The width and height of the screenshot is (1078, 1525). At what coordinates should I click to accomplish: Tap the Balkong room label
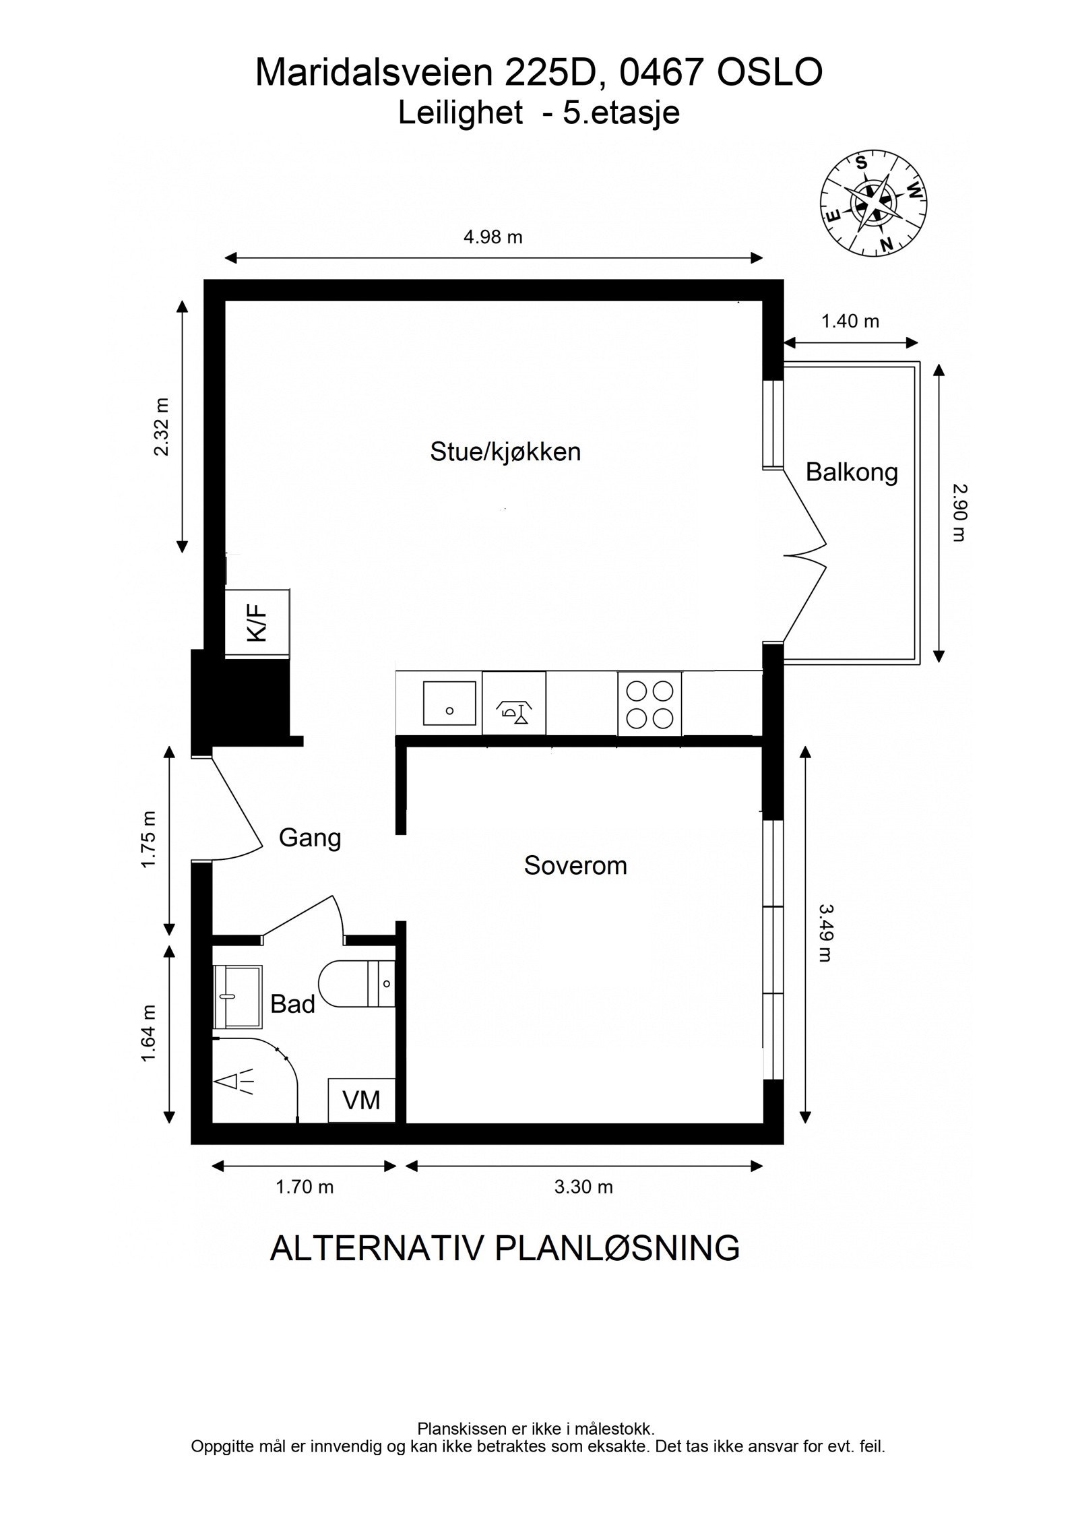(852, 472)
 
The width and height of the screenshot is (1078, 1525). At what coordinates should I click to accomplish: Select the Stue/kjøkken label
(505, 452)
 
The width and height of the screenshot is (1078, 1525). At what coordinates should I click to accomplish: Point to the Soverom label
(575, 865)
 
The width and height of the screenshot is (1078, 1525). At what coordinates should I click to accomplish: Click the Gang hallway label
(310, 838)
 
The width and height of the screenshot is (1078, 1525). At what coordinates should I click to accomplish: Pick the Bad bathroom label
(292, 1004)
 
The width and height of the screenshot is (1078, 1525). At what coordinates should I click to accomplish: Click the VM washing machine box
(361, 1100)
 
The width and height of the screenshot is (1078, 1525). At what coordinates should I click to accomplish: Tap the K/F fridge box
(257, 623)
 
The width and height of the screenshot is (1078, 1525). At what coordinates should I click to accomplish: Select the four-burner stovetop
(649, 704)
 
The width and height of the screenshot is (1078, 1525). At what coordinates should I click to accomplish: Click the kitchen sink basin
(449, 703)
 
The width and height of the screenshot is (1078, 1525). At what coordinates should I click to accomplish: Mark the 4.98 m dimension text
(493, 237)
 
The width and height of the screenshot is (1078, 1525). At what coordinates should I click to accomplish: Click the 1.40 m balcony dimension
(850, 321)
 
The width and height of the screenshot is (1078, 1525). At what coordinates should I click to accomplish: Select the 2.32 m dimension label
(162, 427)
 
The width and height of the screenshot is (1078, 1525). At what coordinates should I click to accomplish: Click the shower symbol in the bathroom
(234, 1082)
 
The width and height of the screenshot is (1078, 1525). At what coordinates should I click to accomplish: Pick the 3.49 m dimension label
(826, 933)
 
